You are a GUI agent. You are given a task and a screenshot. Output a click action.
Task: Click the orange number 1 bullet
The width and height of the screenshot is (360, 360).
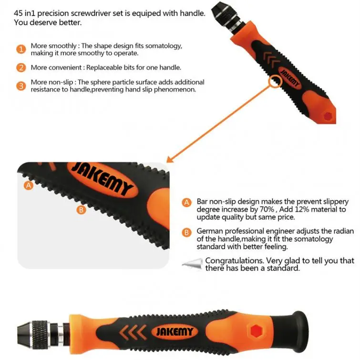point(21,50)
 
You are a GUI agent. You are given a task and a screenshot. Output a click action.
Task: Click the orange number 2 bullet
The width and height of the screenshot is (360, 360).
point(21,68)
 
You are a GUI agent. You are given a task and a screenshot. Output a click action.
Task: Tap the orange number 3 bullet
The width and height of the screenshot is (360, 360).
point(21,86)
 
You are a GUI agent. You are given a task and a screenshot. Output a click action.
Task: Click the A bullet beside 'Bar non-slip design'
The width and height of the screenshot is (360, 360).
point(187,202)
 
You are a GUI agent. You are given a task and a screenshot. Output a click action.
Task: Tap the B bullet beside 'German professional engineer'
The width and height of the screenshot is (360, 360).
point(187,232)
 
